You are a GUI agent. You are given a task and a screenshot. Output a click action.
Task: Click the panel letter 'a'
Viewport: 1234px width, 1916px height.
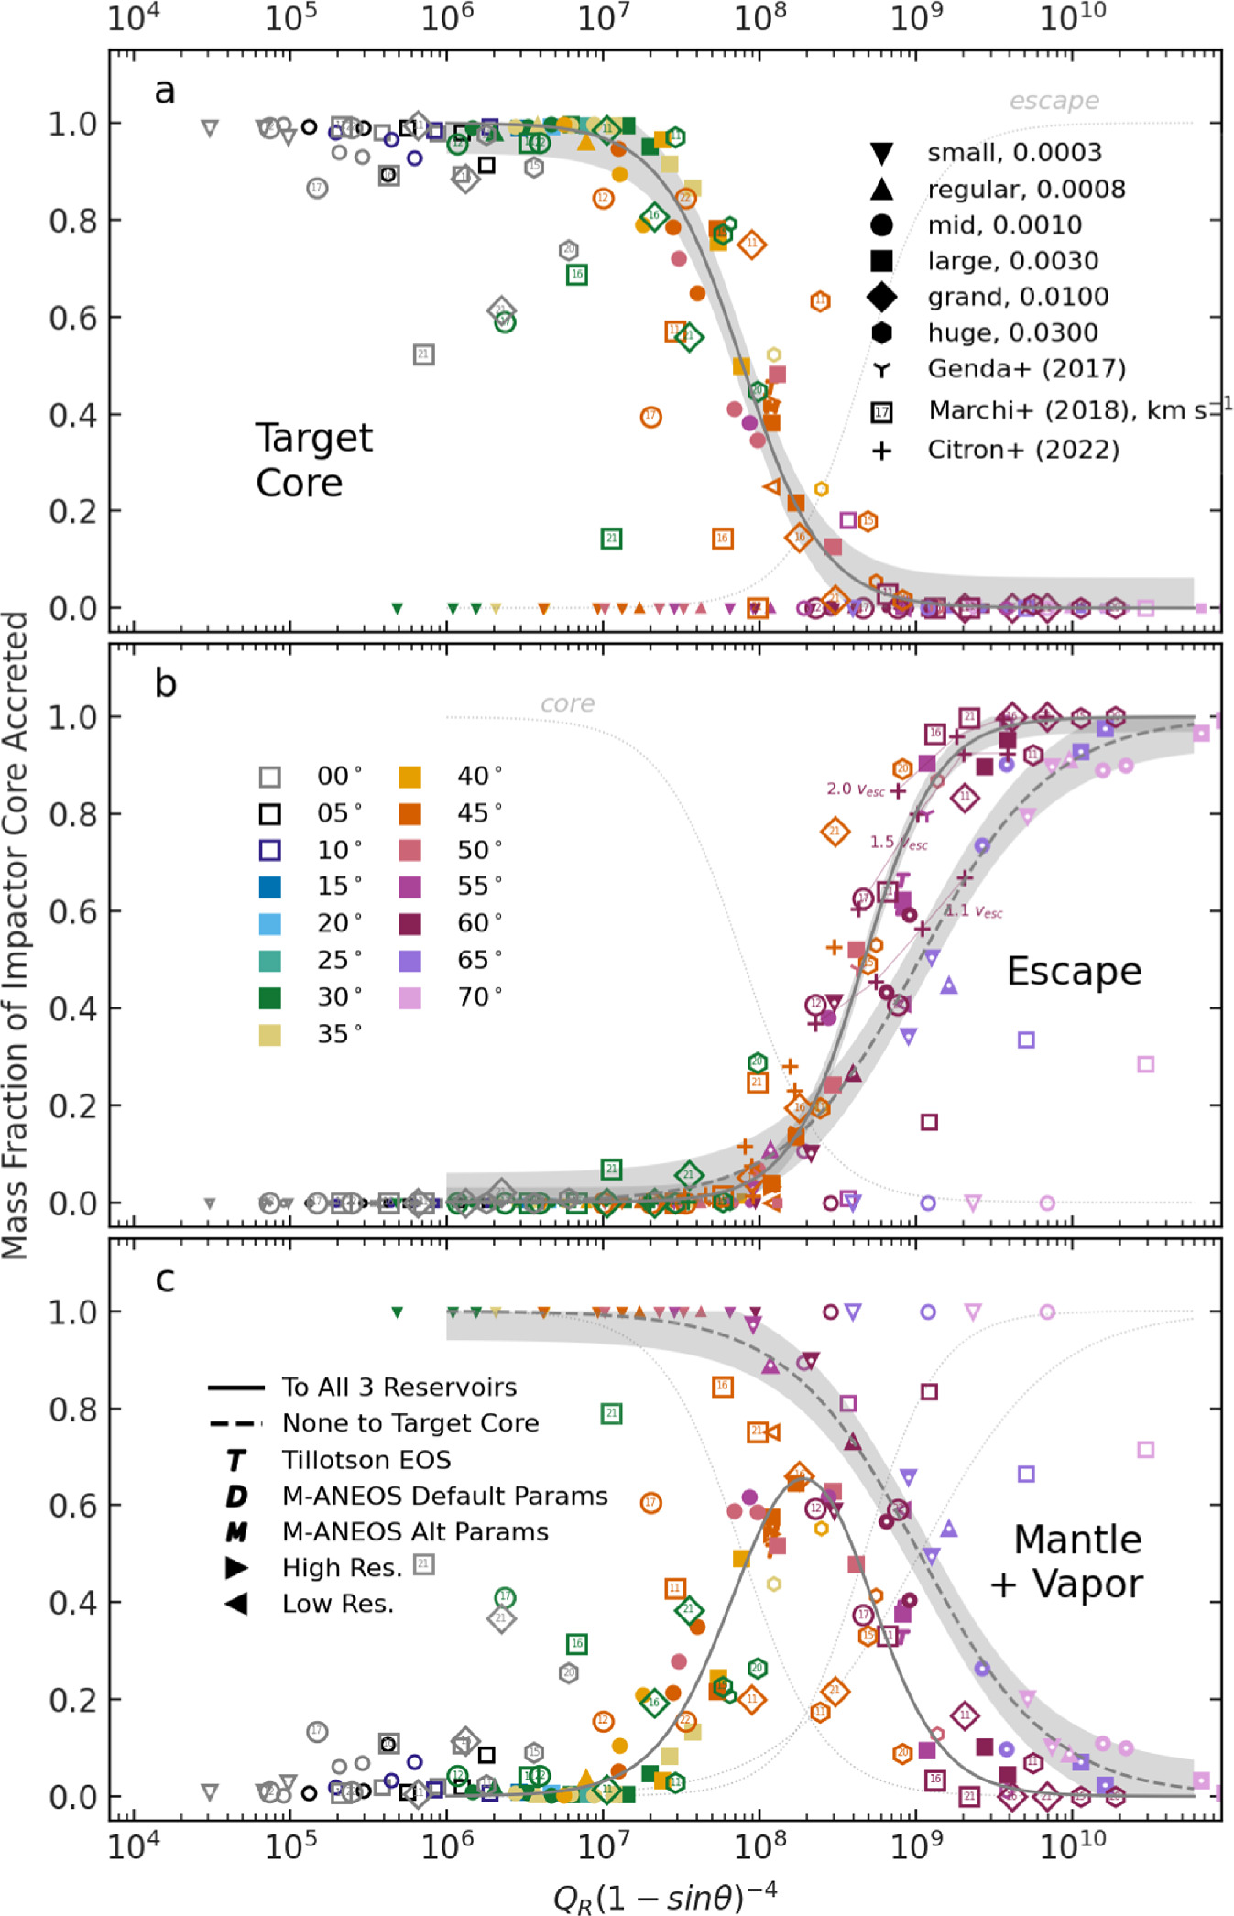click(164, 92)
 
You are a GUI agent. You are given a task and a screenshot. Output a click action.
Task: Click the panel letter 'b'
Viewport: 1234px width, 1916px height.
click(165, 684)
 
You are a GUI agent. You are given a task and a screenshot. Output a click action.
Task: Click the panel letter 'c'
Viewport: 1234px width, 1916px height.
click(165, 1279)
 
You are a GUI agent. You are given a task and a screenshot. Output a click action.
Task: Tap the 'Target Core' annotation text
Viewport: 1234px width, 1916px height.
click(312, 460)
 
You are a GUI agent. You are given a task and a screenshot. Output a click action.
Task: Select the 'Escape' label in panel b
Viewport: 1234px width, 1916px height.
click(1074, 972)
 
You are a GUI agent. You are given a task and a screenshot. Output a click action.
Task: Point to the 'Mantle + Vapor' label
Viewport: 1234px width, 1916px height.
click(1072, 1562)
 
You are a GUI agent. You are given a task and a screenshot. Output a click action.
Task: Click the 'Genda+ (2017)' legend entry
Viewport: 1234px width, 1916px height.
click(1026, 369)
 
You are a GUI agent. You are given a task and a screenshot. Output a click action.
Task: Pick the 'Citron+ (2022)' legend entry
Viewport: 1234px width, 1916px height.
click(1022, 451)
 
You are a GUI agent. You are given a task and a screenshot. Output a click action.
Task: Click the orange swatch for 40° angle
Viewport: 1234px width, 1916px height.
click(410, 777)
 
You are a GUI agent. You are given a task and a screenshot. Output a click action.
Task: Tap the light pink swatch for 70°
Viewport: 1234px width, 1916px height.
click(410, 997)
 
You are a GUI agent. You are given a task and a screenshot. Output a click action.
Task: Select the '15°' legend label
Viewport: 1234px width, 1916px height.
click(339, 887)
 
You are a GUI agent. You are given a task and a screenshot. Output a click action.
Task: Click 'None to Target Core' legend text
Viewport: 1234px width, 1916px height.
click(410, 1423)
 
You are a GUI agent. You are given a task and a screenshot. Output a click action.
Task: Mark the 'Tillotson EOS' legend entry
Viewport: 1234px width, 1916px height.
click(366, 1460)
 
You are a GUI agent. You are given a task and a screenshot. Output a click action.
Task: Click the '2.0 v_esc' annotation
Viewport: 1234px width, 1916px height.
click(855, 789)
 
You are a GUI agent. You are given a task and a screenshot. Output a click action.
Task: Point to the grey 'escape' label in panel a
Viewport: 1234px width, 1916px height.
click(1054, 101)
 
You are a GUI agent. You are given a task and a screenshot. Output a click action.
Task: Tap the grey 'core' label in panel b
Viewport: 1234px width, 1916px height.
click(567, 703)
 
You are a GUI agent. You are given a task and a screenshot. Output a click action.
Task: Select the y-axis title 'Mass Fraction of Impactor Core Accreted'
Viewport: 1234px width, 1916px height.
click(16, 934)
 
